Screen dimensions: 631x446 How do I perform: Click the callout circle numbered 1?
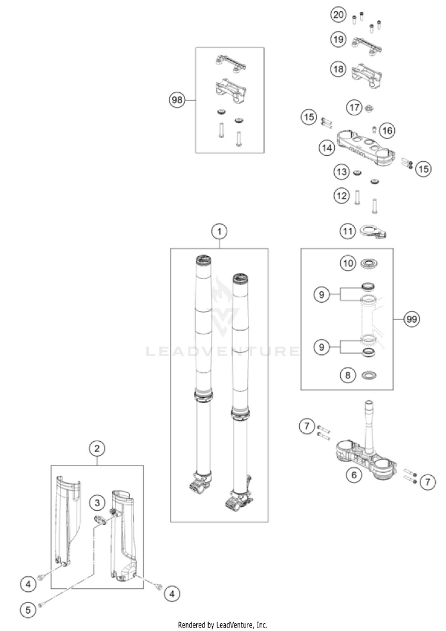pyautogui.click(x=219, y=230)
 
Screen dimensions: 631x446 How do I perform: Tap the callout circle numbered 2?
pyautogui.click(x=97, y=448)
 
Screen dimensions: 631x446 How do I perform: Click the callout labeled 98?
pyautogui.click(x=177, y=101)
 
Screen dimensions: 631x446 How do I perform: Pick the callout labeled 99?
pyautogui.click(x=411, y=319)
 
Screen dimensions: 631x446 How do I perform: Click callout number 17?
pyautogui.click(x=354, y=107)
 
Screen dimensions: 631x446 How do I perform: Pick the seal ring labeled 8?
pyautogui.click(x=370, y=375)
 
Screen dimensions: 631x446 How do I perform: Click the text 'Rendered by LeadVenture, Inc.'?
pyautogui.click(x=222, y=624)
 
